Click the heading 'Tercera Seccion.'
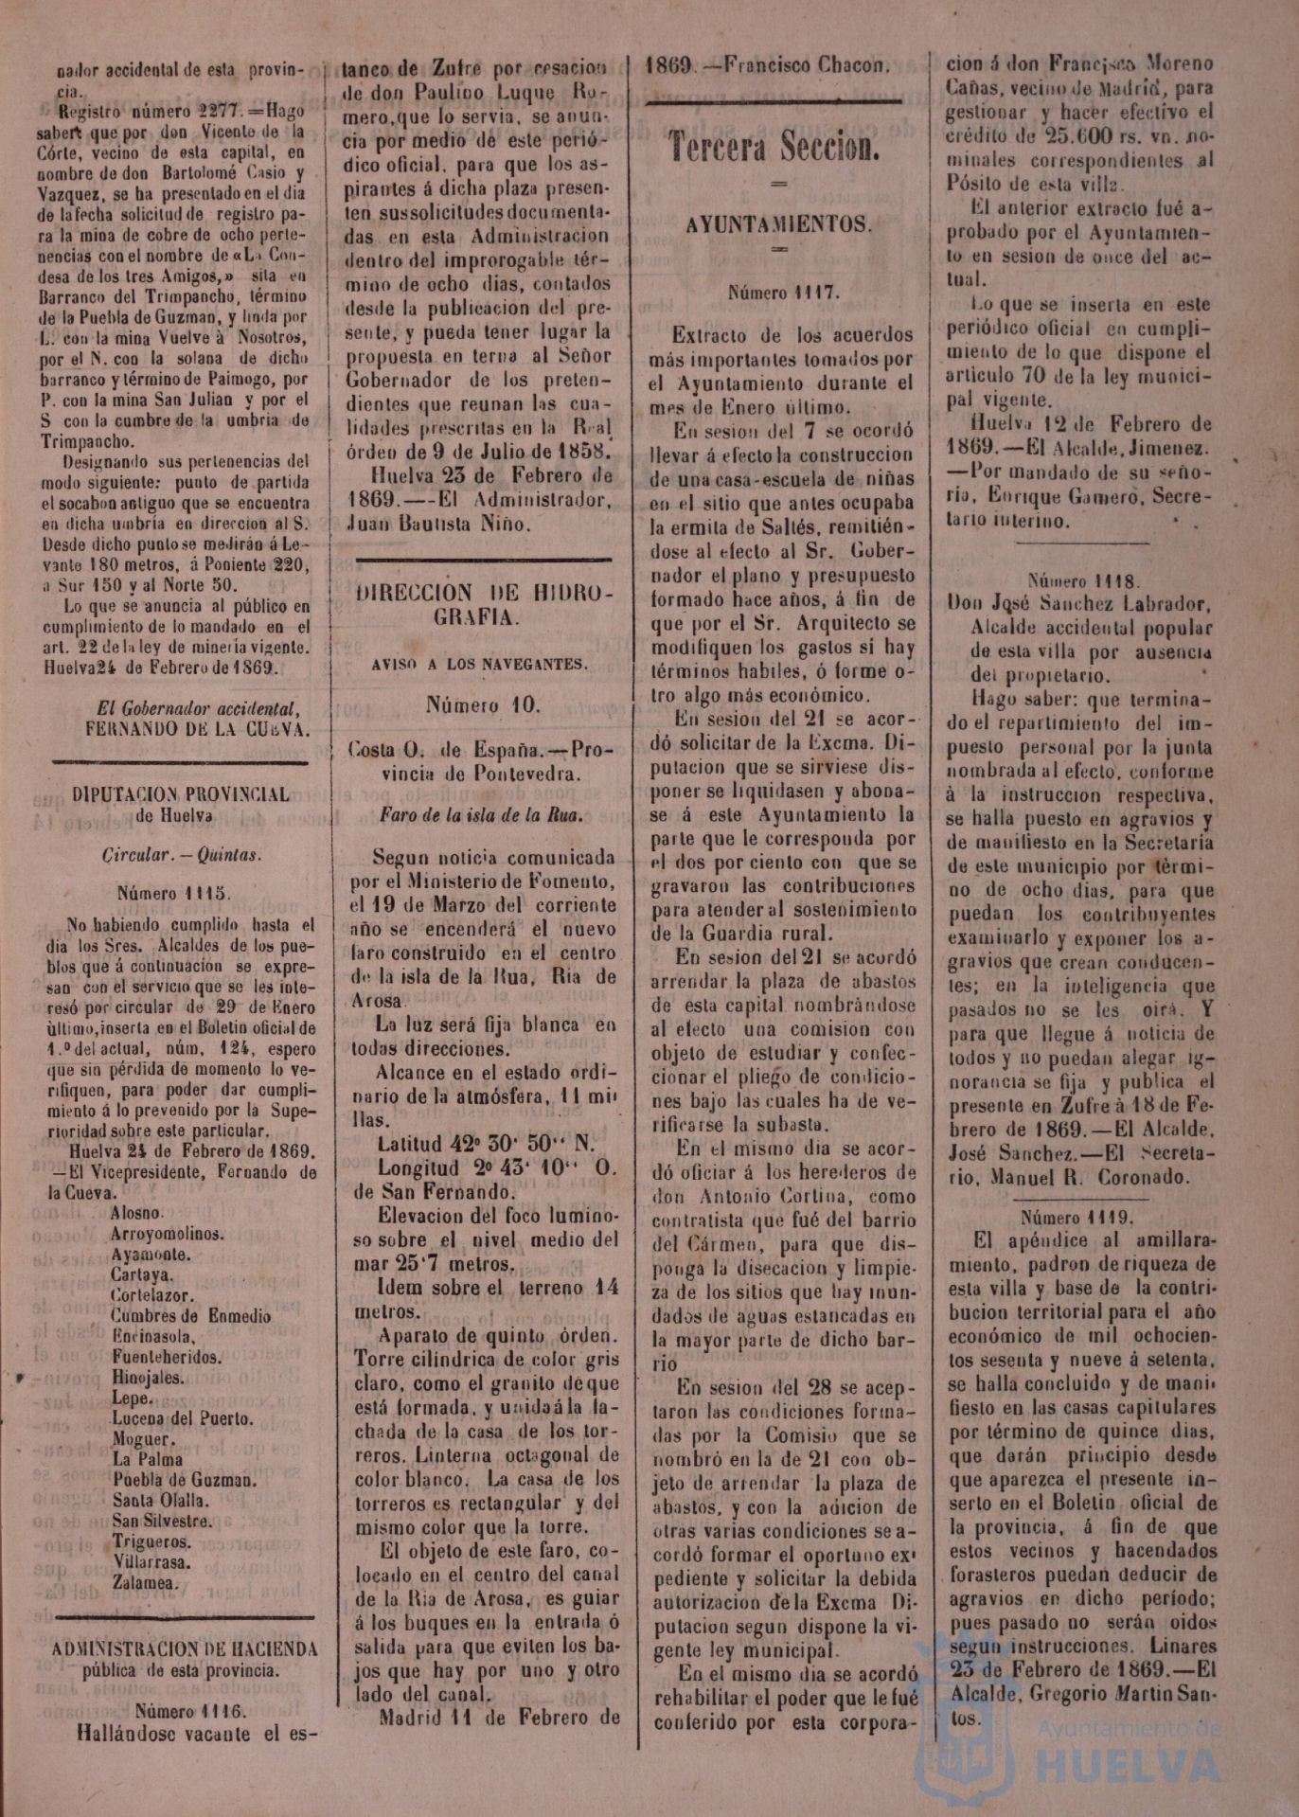point(774,147)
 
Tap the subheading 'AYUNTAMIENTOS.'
point(778,224)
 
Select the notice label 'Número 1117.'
point(783,294)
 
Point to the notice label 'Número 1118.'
point(1083,580)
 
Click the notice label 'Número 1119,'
point(1077,1217)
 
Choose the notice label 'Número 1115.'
point(174,892)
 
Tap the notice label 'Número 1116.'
point(189,1711)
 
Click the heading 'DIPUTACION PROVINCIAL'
point(182,794)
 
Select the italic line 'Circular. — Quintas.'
point(183,855)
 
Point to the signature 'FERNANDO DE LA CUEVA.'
point(197,729)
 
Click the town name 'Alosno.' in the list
point(137,1212)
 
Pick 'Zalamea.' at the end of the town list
point(145,1583)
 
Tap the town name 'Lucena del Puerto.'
point(183,1418)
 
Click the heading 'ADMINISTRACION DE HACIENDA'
point(185,1649)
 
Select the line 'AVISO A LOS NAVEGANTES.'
point(479,664)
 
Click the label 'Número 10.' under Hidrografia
point(483,704)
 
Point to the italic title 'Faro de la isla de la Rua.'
point(481,814)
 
